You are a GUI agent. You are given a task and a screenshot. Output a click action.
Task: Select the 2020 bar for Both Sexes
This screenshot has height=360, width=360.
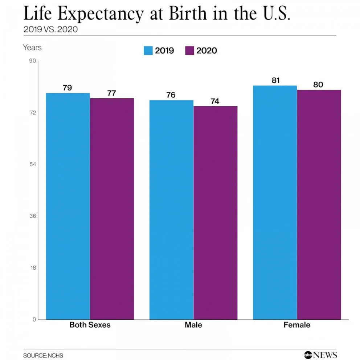[x=112, y=209]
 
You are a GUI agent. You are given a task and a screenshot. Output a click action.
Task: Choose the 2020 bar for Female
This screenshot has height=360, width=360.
[x=319, y=205]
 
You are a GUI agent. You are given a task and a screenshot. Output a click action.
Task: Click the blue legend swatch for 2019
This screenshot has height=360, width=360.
[x=148, y=50]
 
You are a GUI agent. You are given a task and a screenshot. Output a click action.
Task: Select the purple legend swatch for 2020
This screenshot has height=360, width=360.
[x=190, y=50]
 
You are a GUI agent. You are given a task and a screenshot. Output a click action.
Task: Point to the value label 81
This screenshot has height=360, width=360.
[x=275, y=80]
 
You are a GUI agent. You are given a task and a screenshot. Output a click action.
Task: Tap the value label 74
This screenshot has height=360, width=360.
[x=215, y=101]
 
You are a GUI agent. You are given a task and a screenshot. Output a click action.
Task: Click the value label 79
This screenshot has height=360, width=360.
[x=67, y=88]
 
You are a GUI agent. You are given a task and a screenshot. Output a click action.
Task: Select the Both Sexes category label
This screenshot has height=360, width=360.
[x=90, y=325]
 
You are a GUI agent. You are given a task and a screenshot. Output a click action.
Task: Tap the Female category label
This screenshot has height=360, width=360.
[x=297, y=325]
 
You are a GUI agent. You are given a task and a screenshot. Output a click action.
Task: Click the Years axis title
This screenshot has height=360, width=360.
[x=32, y=48]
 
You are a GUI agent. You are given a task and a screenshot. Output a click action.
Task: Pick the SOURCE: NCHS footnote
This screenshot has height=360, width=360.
[x=41, y=355]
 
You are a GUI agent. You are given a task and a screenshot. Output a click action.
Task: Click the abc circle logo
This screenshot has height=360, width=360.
[x=308, y=355]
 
